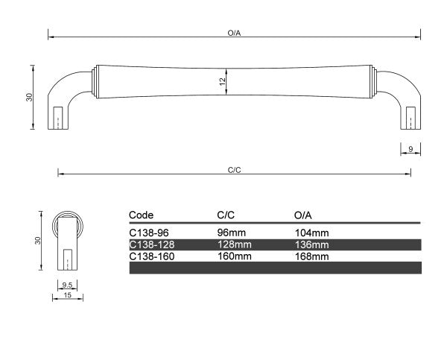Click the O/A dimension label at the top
click(233, 34)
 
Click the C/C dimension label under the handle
click(233, 169)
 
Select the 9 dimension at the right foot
click(410, 150)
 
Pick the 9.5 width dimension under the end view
click(66, 285)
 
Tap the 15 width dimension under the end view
click(66, 295)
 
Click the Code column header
click(141, 215)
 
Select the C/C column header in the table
click(226, 215)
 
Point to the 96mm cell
click(231, 233)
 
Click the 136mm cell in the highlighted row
click(311, 244)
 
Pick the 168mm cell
click(311, 256)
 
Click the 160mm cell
click(233, 256)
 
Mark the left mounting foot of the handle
click(59, 116)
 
